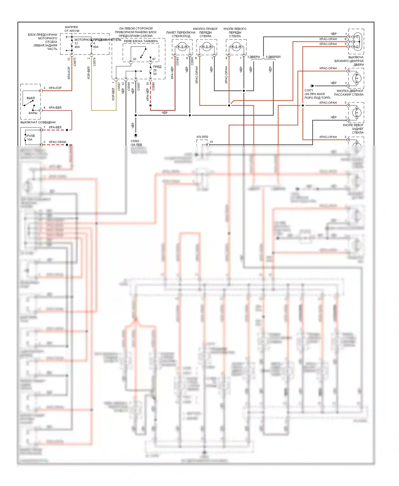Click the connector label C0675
(75, 62)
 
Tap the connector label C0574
(94, 62)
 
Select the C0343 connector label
(177, 61)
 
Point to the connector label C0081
(192, 61)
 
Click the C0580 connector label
(153, 86)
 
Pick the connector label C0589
(129, 86)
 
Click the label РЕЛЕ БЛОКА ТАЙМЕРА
(141, 41)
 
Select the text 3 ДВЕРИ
(253, 57)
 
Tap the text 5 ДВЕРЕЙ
(273, 57)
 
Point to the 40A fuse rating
(77, 47)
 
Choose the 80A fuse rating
(96, 47)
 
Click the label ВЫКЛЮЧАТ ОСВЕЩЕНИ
(38, 122)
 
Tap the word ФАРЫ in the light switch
(33, 113)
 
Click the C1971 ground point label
(309, 90)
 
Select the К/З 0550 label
(202, 137)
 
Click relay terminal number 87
(154, 59)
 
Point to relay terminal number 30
(134, 59)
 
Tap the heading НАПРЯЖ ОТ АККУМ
(72, 29)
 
